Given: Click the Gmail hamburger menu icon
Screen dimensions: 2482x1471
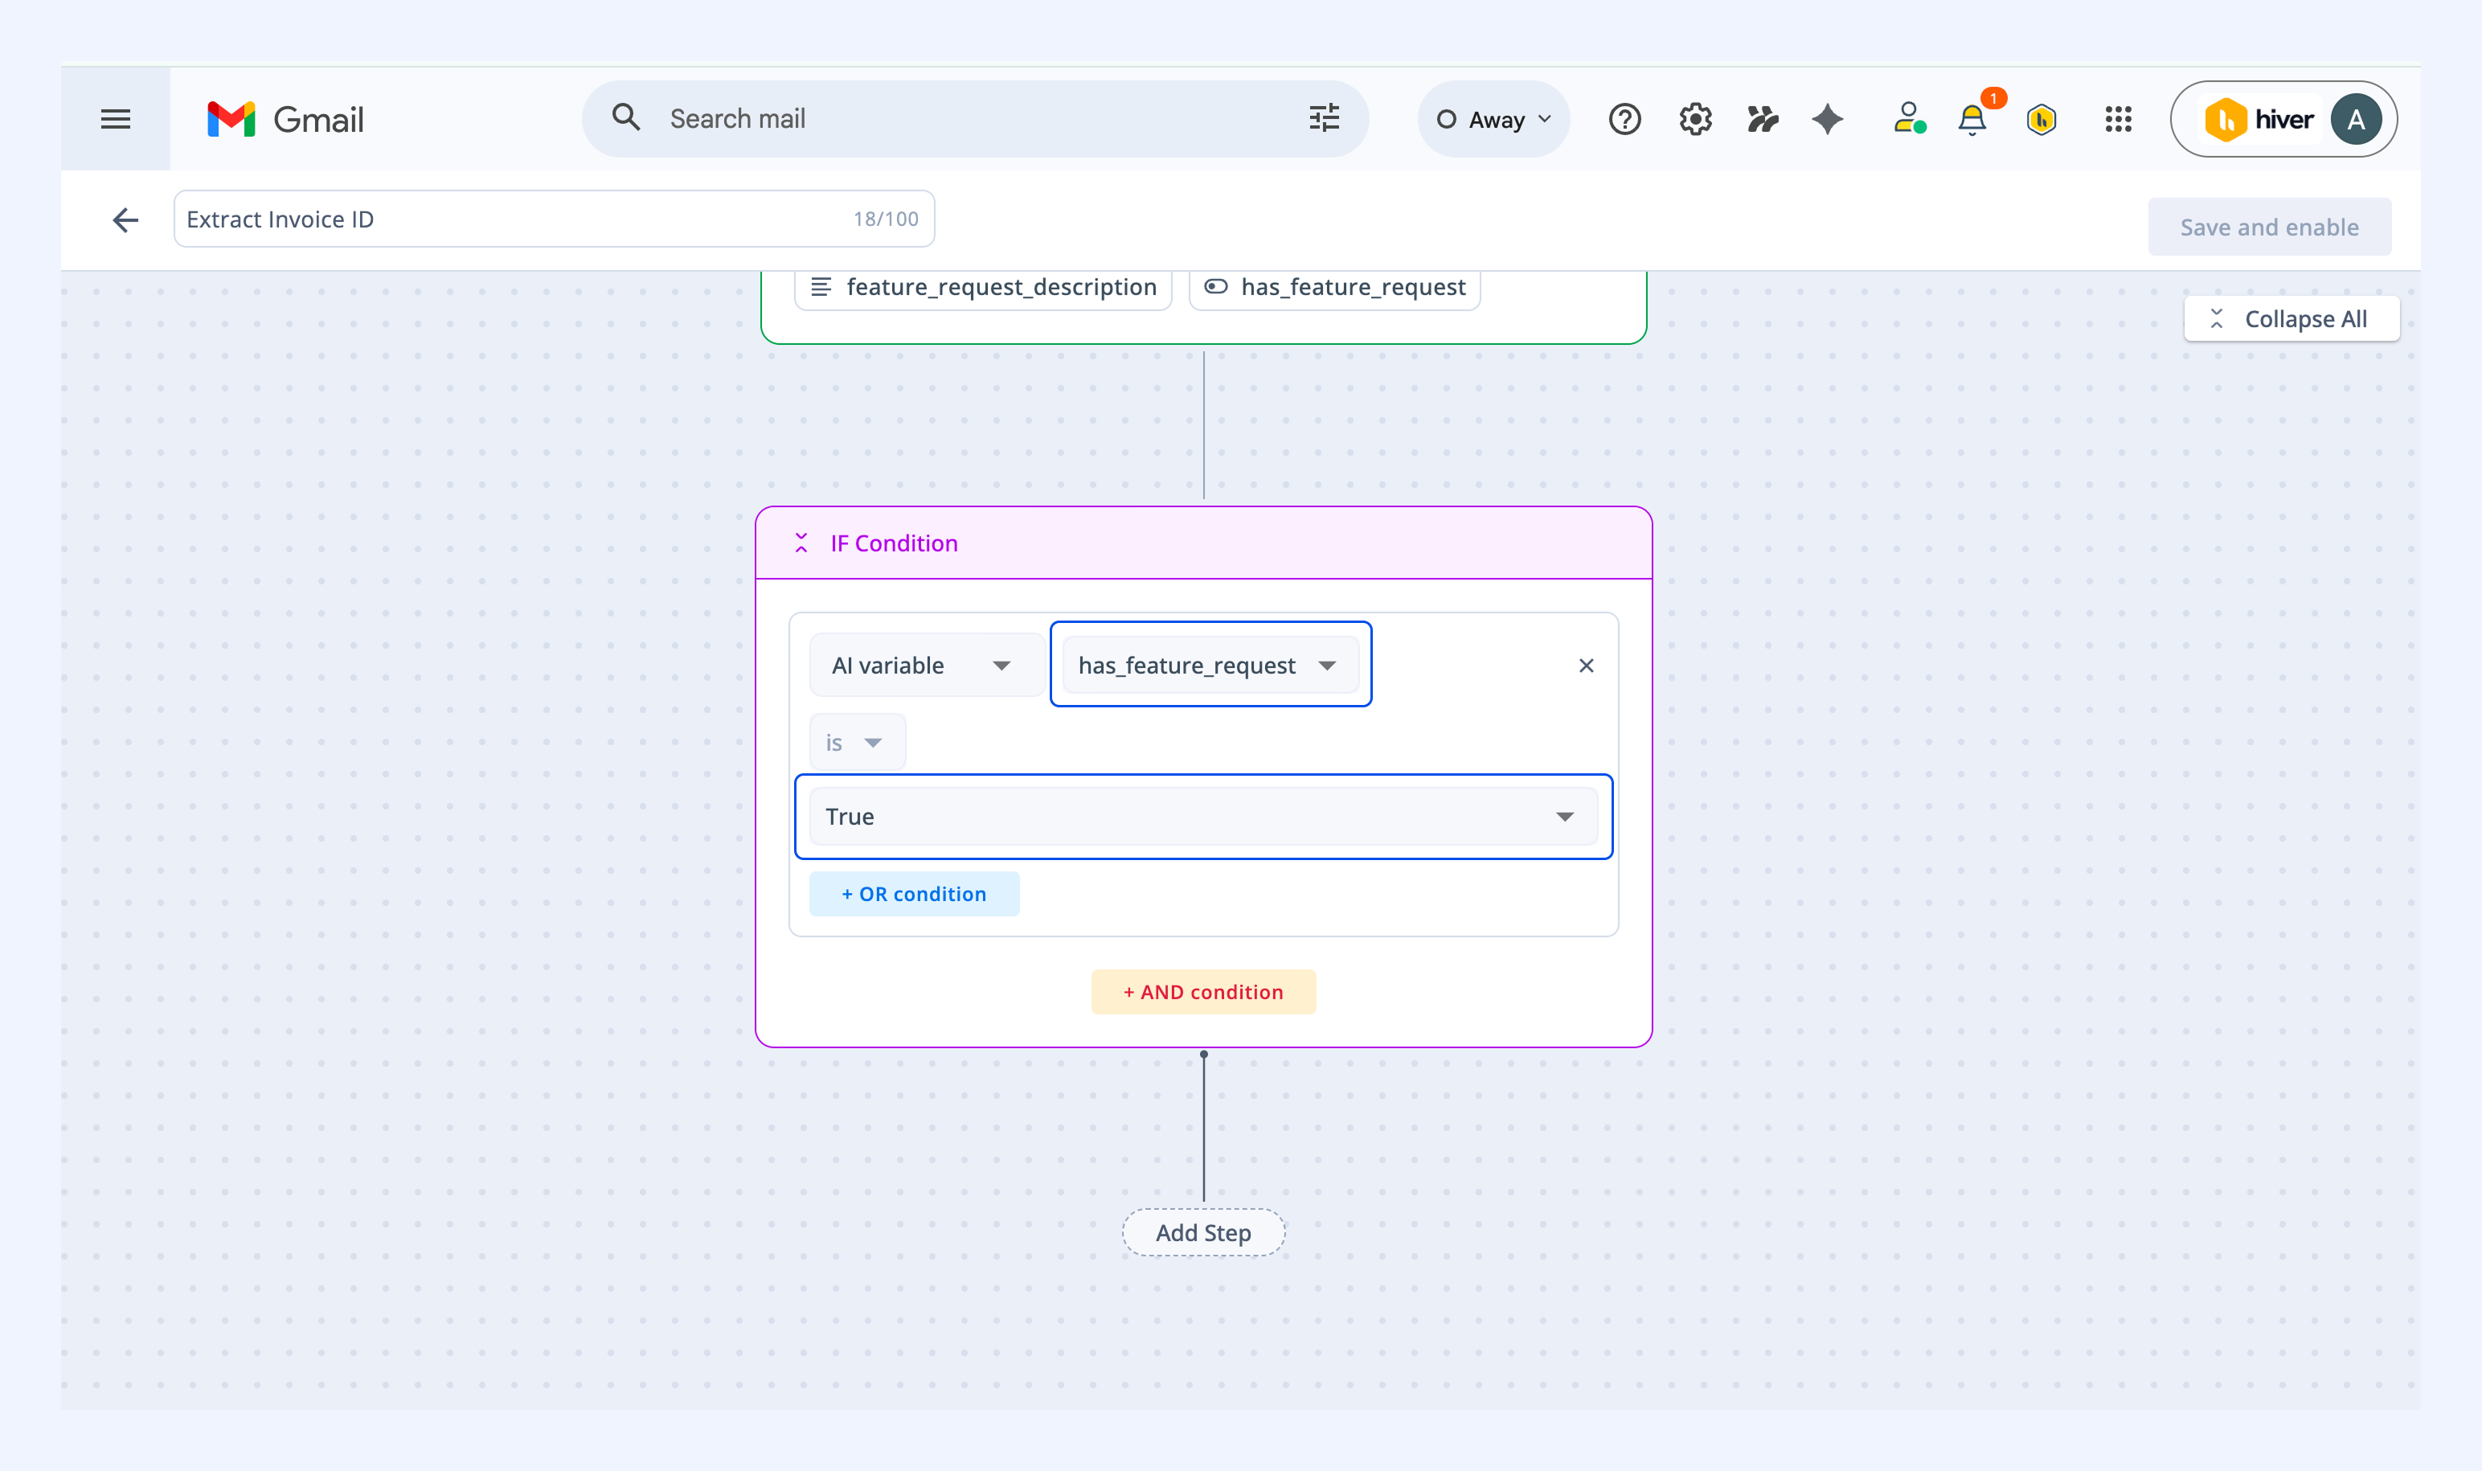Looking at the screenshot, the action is pos(116,120).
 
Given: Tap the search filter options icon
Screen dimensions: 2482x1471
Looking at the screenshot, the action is pos(1325,119).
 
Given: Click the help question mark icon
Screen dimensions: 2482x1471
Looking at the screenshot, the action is pos(1624,120).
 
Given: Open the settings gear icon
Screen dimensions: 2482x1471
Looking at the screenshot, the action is pos(1696,120).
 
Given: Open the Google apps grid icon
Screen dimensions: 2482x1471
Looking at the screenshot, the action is pos(2118,120).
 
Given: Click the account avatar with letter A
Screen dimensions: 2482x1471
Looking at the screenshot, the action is pos(2356,120).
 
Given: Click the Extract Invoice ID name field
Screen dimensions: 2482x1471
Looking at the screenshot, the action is pos(554,219).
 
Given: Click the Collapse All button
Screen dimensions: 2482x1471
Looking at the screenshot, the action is pos(2292,319).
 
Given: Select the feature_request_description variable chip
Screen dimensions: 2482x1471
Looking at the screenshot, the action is pos(983,288).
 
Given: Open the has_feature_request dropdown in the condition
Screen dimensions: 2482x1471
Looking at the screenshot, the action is pos(1210,665).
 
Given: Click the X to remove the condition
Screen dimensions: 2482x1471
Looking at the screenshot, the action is pos(1586,665).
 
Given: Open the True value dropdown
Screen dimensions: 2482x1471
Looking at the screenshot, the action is pos(1203,817).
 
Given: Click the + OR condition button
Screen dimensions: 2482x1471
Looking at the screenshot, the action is pos(914,894).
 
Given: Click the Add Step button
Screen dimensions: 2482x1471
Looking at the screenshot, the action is pos(1203,1232).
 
